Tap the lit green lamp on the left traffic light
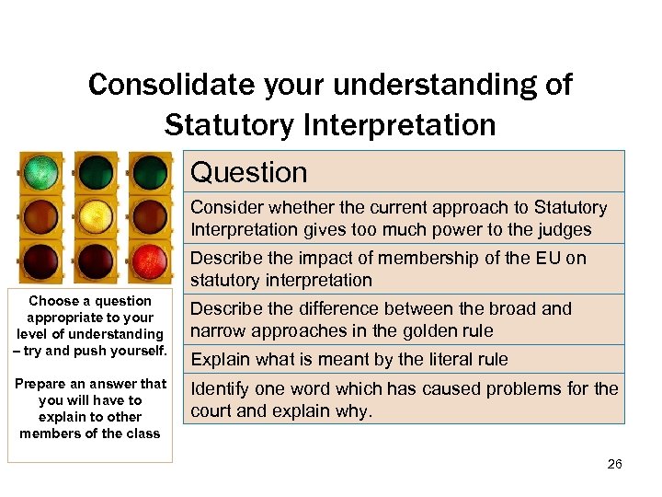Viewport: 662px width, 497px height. (x=40, y=172)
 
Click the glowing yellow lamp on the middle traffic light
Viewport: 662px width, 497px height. (x=95, y=217)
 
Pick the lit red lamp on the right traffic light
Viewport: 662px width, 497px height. (x=149, y=261)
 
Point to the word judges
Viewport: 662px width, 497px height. (x=565, y=229)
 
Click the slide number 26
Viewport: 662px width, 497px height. (x=614, y=464)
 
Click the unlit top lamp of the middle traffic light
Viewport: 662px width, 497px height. (x=95, y=172)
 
